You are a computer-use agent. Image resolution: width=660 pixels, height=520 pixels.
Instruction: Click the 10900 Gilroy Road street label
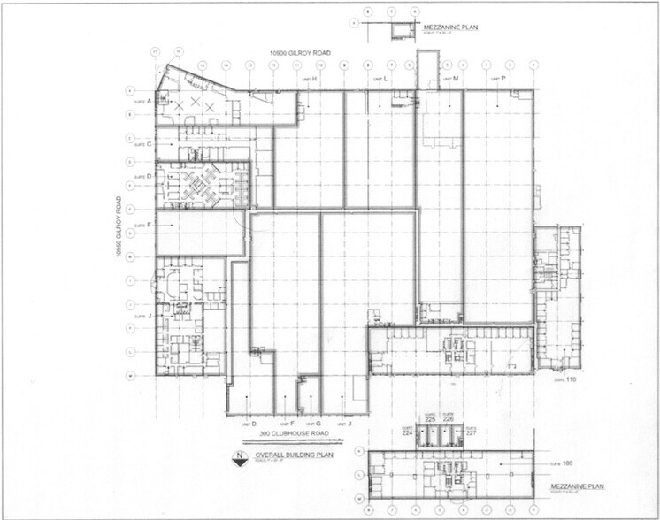point(301,54)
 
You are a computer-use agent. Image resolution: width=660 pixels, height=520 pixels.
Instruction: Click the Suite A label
point(144,102)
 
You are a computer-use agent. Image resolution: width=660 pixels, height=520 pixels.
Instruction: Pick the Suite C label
point(144,143)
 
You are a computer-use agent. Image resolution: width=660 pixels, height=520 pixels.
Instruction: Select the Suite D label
point(144,176)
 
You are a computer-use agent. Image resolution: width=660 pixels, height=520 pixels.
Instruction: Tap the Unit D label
point(249,424)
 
